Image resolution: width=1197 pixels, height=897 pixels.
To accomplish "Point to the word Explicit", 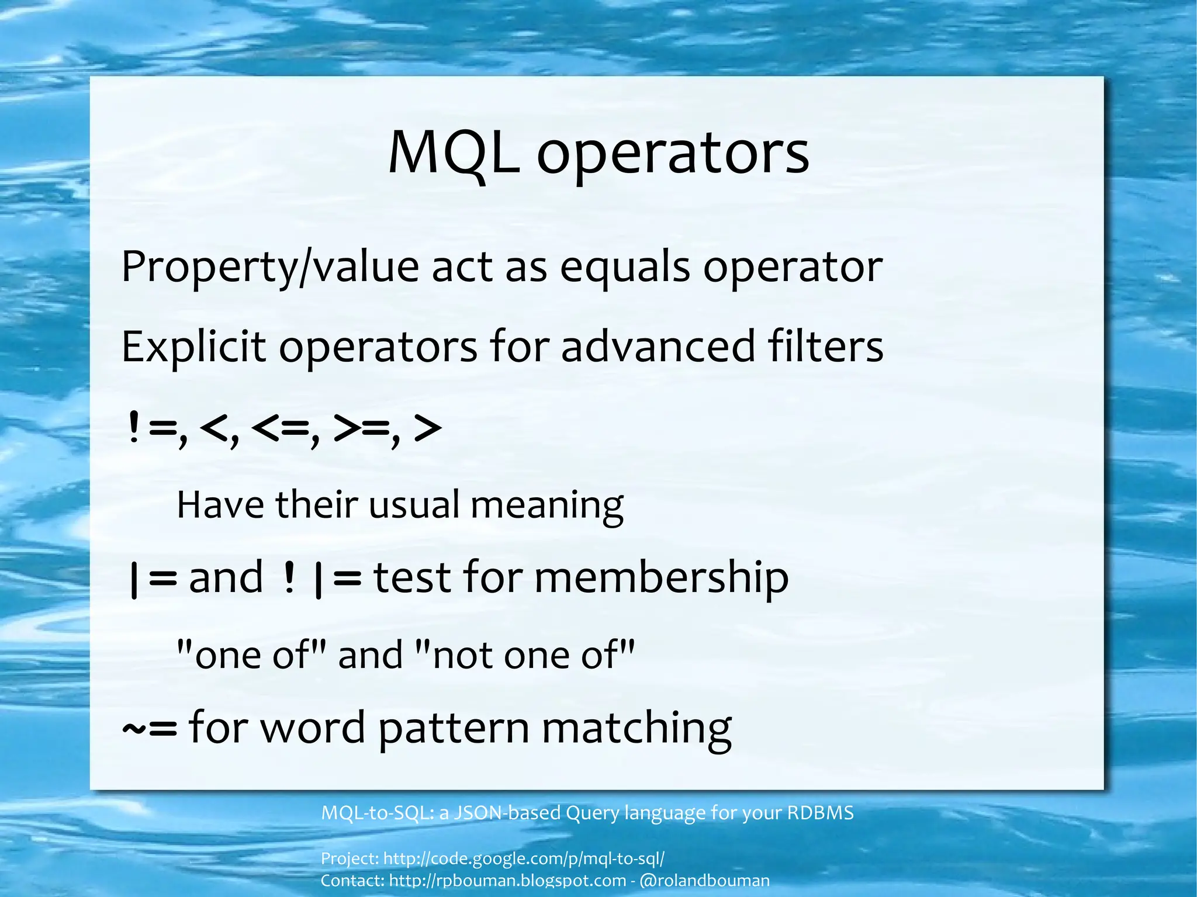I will (193, 347).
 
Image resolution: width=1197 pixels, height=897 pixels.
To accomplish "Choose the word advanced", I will (658, 346).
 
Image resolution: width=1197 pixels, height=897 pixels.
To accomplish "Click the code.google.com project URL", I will (524, 858).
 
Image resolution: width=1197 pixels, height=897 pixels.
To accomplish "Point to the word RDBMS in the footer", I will (821, 813).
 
